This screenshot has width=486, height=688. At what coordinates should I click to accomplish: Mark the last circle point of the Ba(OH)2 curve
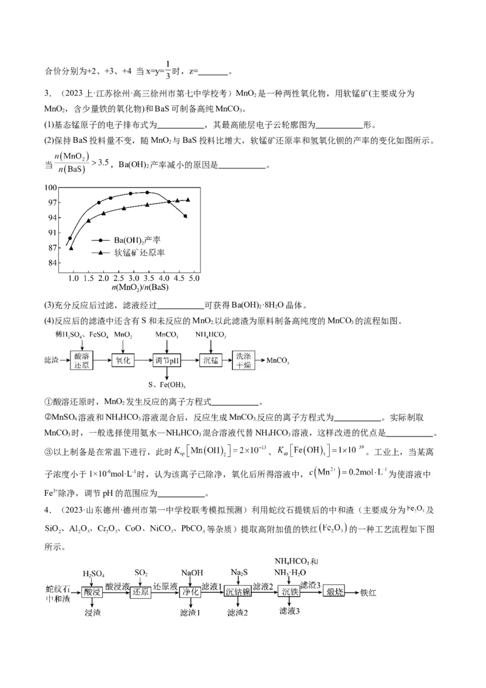pos(185,216)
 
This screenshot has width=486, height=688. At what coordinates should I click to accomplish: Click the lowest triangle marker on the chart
pos(71,248)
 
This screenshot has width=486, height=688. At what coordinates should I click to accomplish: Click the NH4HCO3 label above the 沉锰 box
pos(211,335)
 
